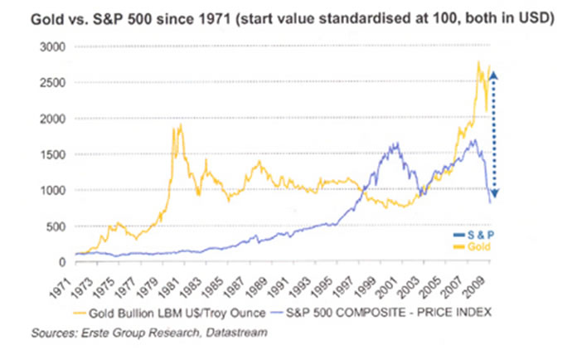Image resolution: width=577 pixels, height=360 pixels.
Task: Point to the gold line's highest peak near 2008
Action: [x=478, y=62]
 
